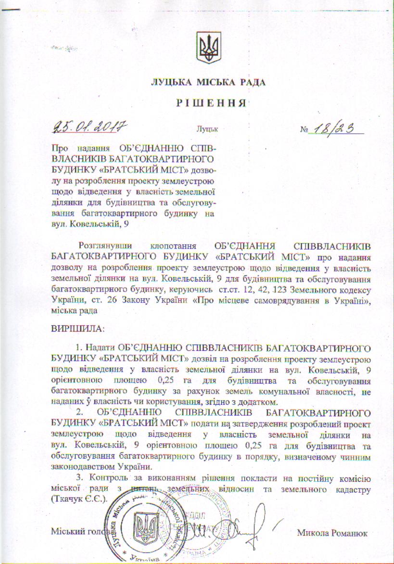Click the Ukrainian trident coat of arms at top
pyautogui.click(x=208, y=47)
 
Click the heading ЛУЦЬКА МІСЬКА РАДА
pyautogui.click(x=208, y=83)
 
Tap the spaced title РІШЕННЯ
pyautogui.click(x=208, y=103)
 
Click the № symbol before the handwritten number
pyautogui.click(x=304, y=130)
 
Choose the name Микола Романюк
pyautogui.click(x=332, y=533)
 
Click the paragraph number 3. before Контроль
pyautogui.click(x=79, y=480)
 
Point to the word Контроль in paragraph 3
pyautogui.click(x=105, y=480)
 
